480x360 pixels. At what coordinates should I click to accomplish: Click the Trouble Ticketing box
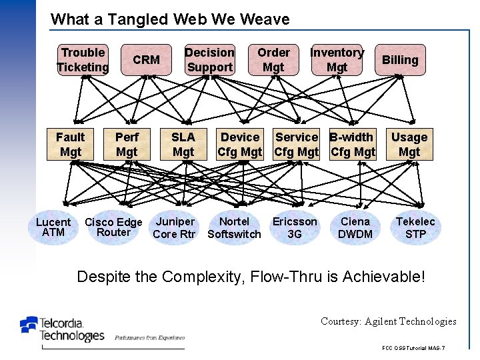[83, 60]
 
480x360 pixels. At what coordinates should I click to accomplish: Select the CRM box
[146, 60]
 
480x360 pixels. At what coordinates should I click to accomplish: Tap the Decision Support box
[209, 60]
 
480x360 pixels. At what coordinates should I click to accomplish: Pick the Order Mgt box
[273, 60]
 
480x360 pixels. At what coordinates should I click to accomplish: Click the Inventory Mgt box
[337, 60]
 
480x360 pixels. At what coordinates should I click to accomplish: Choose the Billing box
[400, 60]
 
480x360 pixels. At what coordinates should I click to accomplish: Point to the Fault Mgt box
[70, 145]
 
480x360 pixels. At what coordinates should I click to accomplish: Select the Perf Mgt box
[127, 145]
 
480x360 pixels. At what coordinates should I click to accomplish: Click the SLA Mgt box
[183, 145]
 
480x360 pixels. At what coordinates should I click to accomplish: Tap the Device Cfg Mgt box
[240, 145]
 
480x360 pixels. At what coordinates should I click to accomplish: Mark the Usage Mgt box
[409, 145]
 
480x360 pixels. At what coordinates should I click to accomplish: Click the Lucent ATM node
[53, 227]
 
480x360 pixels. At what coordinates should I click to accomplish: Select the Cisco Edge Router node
[113, 227]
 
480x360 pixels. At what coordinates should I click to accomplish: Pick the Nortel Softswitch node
[234, 227]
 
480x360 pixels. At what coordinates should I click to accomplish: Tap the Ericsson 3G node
[295, 227]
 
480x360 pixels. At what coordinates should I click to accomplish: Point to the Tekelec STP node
[415, 227]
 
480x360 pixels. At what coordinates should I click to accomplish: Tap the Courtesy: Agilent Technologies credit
[388, 321]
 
